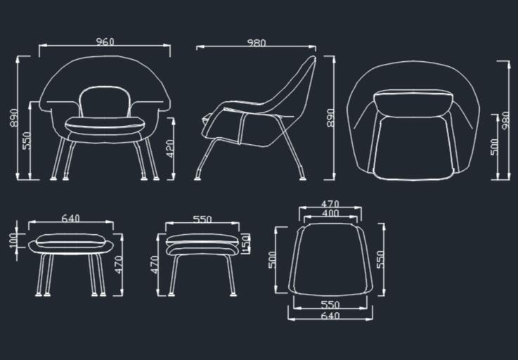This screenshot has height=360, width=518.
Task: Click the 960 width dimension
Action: click(x=105, y=41)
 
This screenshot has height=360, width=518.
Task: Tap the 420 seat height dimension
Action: click(x=170, y=148)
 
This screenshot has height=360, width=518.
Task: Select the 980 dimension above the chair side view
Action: click(x=257, y=43)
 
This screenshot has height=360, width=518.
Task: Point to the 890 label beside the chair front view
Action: click(x=14, y=118)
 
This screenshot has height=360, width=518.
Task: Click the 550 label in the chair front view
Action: click(x=27, y=141)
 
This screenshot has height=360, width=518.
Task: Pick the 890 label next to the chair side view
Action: click(x=330, y=118)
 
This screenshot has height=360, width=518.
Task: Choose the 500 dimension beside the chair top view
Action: click(x=494, y=147)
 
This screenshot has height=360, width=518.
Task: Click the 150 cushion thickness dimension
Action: click(x=246, y=243)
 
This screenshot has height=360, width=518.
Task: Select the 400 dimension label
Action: click(x=330, y=213)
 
